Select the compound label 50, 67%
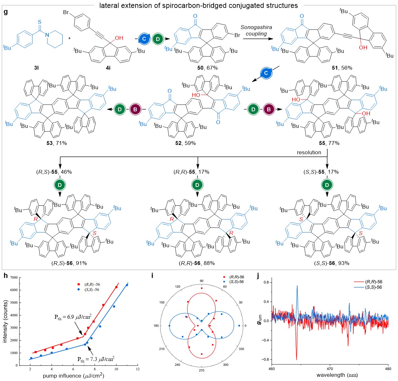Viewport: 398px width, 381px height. (207, 68)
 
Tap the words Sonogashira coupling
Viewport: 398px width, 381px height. (256, 31)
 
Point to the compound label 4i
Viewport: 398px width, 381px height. (107, 68)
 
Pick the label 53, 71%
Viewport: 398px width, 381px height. (56, 143)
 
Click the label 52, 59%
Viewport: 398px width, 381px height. (185, 143)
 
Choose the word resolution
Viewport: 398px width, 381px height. (309, 152)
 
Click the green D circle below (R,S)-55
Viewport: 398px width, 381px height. (60, 185)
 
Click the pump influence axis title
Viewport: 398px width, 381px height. (74, 376)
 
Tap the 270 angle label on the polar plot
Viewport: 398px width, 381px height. (201, 370)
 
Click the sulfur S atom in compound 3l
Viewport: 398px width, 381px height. (39, 22)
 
